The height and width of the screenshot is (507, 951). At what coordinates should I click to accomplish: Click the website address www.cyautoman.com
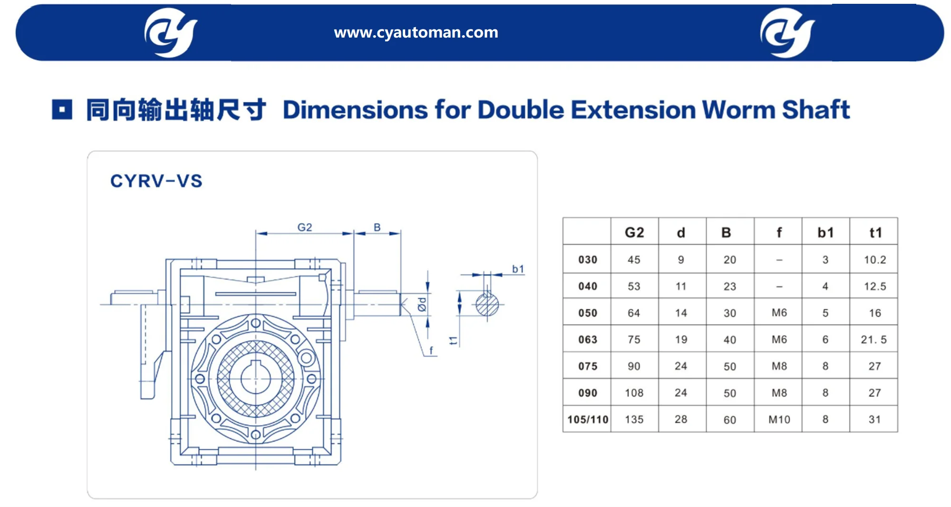coord(416,32)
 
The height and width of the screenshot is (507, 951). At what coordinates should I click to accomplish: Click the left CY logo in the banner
coord(171,32)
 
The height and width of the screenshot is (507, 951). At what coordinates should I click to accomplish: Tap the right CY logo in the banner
coord(787,32)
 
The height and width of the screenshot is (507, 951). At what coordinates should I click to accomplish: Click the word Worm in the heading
coord(738,110)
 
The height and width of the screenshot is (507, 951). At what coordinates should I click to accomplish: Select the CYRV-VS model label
coord(156,181)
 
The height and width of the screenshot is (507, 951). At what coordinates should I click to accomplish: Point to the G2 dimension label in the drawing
coord(305,227)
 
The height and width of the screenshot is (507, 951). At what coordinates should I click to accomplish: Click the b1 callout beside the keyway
coord(518,269)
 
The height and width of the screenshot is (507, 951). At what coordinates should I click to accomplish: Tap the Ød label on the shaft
coord(422,304)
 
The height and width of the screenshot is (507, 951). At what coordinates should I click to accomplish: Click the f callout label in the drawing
coord(431,351)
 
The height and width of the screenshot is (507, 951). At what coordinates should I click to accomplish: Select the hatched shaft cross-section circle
coord(487,305)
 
